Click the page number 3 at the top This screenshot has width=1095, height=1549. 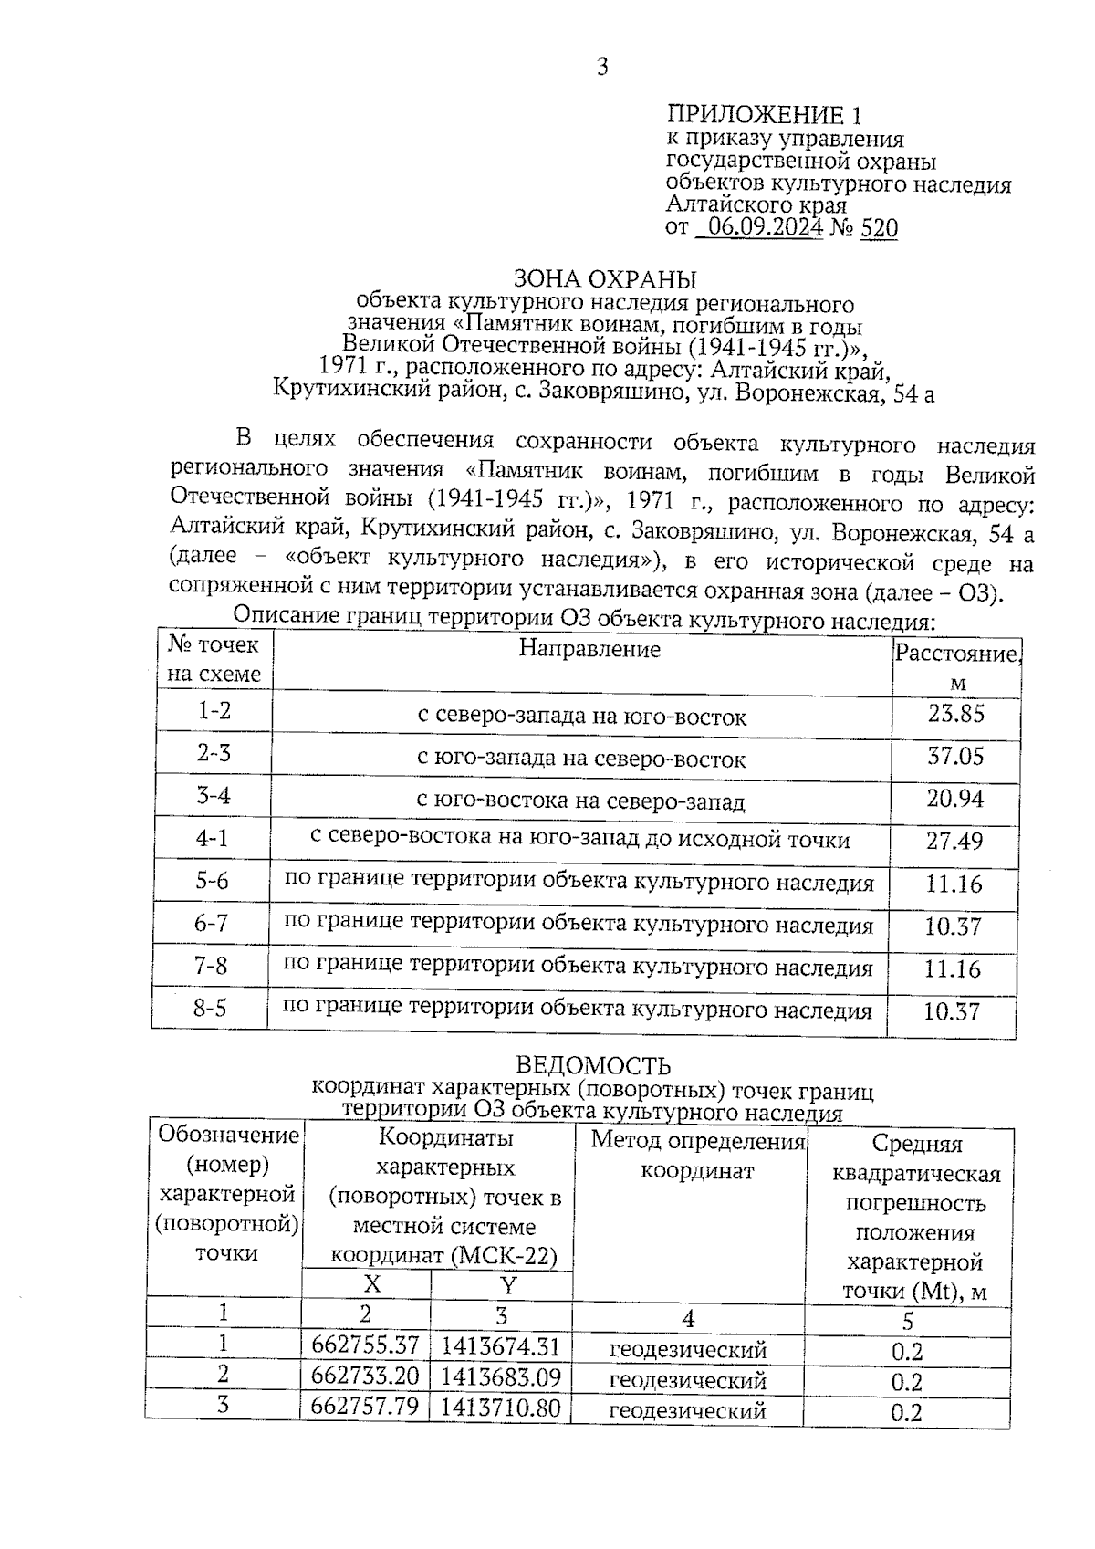coord(602,67)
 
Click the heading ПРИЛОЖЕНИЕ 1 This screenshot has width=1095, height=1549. coord(765,115)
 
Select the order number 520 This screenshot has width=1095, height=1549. coord(879,228)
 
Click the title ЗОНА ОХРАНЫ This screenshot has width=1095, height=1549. coord(605,278)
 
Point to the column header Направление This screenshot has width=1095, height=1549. coord(589,649)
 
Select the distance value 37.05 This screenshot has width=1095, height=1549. coord(955,756)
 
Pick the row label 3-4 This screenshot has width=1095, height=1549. coord(214,796)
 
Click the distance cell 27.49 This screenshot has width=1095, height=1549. coord(954,841)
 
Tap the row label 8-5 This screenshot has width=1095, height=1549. coord(210,1009)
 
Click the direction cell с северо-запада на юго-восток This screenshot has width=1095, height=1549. coord(582,717)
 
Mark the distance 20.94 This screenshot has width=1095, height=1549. coord(955,799)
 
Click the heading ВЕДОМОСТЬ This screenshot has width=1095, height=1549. coord(593,1065)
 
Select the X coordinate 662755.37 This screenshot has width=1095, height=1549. coord(365,1345)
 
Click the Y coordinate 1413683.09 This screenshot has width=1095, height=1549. coord(501,1376)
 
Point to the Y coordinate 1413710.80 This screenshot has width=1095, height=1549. coord(500,1408)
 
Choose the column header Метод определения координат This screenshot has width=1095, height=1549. coord(698,1155)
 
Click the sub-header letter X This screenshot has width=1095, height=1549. coord(371,1284)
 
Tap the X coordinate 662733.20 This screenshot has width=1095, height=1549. coord(365,1376)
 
